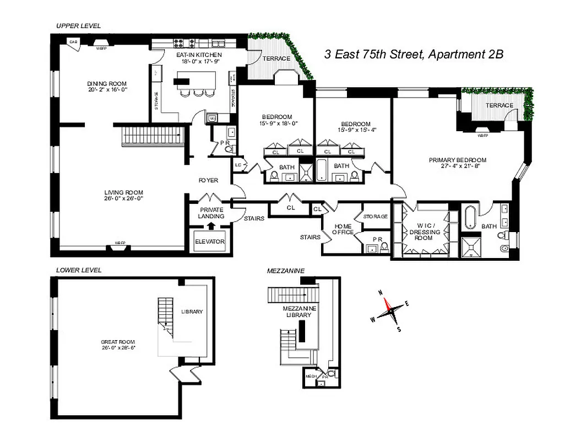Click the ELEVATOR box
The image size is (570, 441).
[210, 241]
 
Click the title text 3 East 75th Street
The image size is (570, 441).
[413, 54]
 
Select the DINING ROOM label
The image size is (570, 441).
[107, 87]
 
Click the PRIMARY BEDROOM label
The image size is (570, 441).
[457, 164]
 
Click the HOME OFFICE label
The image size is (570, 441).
[343, 229]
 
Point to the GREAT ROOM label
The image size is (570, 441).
[118, 345]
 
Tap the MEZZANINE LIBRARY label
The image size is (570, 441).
[298, 311]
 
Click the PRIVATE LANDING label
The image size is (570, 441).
[211, 213]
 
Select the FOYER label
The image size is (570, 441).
[209, 180]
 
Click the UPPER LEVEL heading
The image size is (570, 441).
[78, 26]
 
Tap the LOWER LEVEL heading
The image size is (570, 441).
[79, 270]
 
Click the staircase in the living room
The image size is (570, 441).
[152, 135]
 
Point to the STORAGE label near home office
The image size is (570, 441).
[375, 217]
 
